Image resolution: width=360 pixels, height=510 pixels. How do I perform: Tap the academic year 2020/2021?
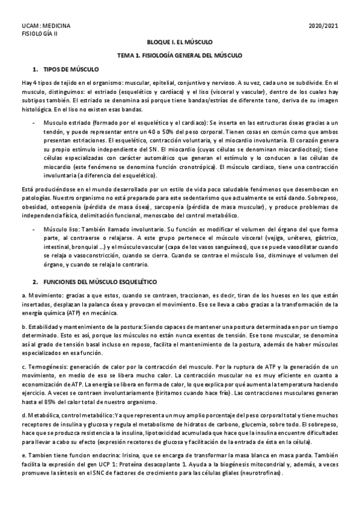(324, 26)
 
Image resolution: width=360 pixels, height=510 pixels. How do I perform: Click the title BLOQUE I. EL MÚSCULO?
(180, 43)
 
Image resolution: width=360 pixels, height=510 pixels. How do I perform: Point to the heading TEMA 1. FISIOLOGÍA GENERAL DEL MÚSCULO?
(180, 55)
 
